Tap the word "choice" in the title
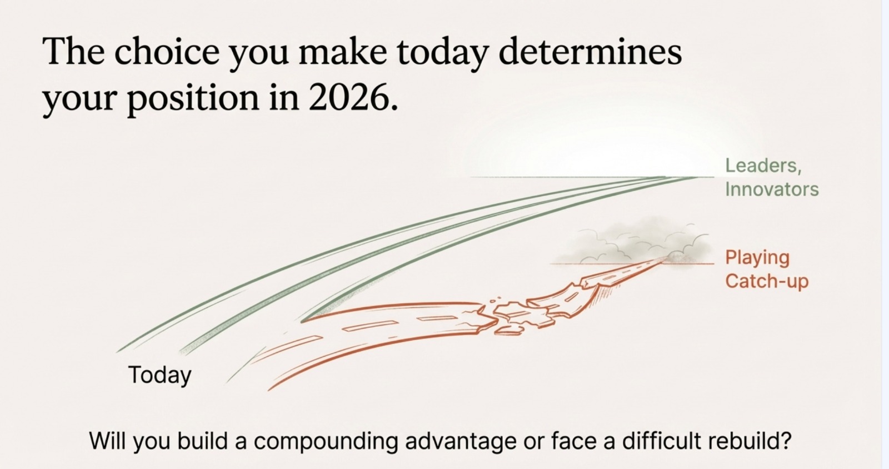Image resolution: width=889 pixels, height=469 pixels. [x=167, y=52]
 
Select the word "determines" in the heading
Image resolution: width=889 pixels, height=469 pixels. [x=590, y=52]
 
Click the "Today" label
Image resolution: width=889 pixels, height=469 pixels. [x=159, y=375]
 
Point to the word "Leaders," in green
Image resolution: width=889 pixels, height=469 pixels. [x=763, y=166]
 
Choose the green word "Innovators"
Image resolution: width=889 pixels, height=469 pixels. [x=772, y=189]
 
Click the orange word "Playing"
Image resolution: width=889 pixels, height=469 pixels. [x=757, y=258]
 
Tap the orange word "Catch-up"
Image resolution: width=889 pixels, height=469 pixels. [x=767, y=281]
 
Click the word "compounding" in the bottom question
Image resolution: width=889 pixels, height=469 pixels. [x=326, y=441]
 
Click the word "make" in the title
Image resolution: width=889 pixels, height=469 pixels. [x=342, y=52]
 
